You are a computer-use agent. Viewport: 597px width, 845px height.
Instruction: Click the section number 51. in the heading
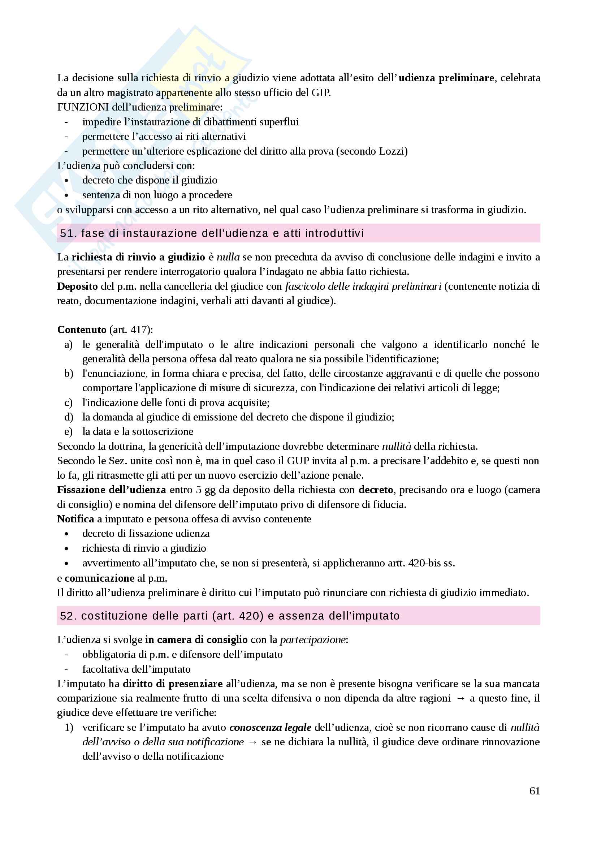68,233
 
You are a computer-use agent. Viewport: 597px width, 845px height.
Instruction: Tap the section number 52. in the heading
68,616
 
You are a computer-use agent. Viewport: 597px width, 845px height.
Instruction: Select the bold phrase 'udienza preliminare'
446,78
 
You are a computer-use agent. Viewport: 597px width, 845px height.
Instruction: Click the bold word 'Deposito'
77,286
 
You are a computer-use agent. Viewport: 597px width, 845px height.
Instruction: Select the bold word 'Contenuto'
82,330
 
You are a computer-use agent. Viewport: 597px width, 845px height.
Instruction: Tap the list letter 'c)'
68,402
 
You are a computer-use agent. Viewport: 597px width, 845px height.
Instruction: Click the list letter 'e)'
68,432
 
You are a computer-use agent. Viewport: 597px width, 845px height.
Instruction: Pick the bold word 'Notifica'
75,519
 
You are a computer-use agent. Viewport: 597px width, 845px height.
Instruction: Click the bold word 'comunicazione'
99,578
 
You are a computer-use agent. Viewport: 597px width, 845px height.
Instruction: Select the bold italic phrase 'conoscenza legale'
271,728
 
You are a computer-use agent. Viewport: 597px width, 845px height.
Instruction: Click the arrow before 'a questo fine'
460,699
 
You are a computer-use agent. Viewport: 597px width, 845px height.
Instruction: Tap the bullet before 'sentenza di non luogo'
66,195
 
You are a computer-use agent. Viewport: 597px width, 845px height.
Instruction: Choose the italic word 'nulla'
228,257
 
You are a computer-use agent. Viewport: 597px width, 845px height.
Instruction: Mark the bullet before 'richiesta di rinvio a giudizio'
66,549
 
